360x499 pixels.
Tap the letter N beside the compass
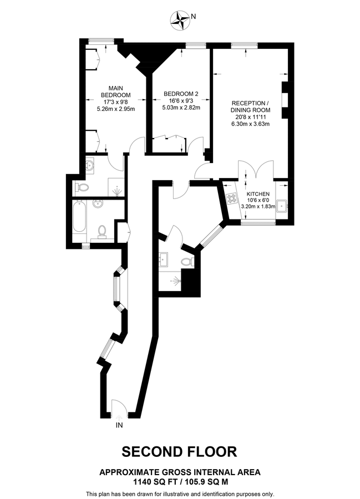click(x=194, y=17)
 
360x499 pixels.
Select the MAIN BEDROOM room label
click(x=115, y=91)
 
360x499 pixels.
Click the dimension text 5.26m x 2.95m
click(x=115, y=109)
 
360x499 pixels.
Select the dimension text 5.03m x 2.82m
click(x=180, y=108)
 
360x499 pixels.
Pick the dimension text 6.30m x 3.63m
click(x=250, y=124)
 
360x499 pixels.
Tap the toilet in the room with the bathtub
click(x=103, y=231)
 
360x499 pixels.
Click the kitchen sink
click(x=281, y=206)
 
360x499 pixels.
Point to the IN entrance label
click(x=119, y=426)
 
